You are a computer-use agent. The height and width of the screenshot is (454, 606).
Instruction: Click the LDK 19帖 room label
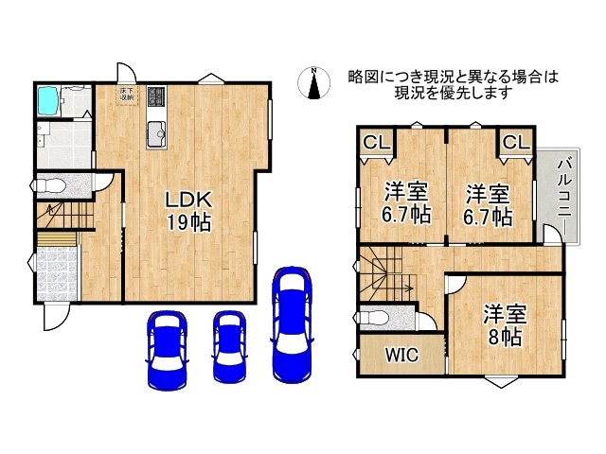[188, 211]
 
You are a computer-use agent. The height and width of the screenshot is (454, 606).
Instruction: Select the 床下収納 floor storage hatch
[127, 94]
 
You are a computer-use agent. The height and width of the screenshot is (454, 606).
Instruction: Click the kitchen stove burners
[155, 96]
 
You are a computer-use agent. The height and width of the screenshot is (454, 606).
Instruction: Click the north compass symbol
[312, 82]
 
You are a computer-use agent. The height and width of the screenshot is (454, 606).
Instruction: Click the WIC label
[401, 355]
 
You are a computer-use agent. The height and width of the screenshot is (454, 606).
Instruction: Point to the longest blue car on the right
[292, 322]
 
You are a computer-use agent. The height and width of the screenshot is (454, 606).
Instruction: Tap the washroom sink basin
[46, 131]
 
